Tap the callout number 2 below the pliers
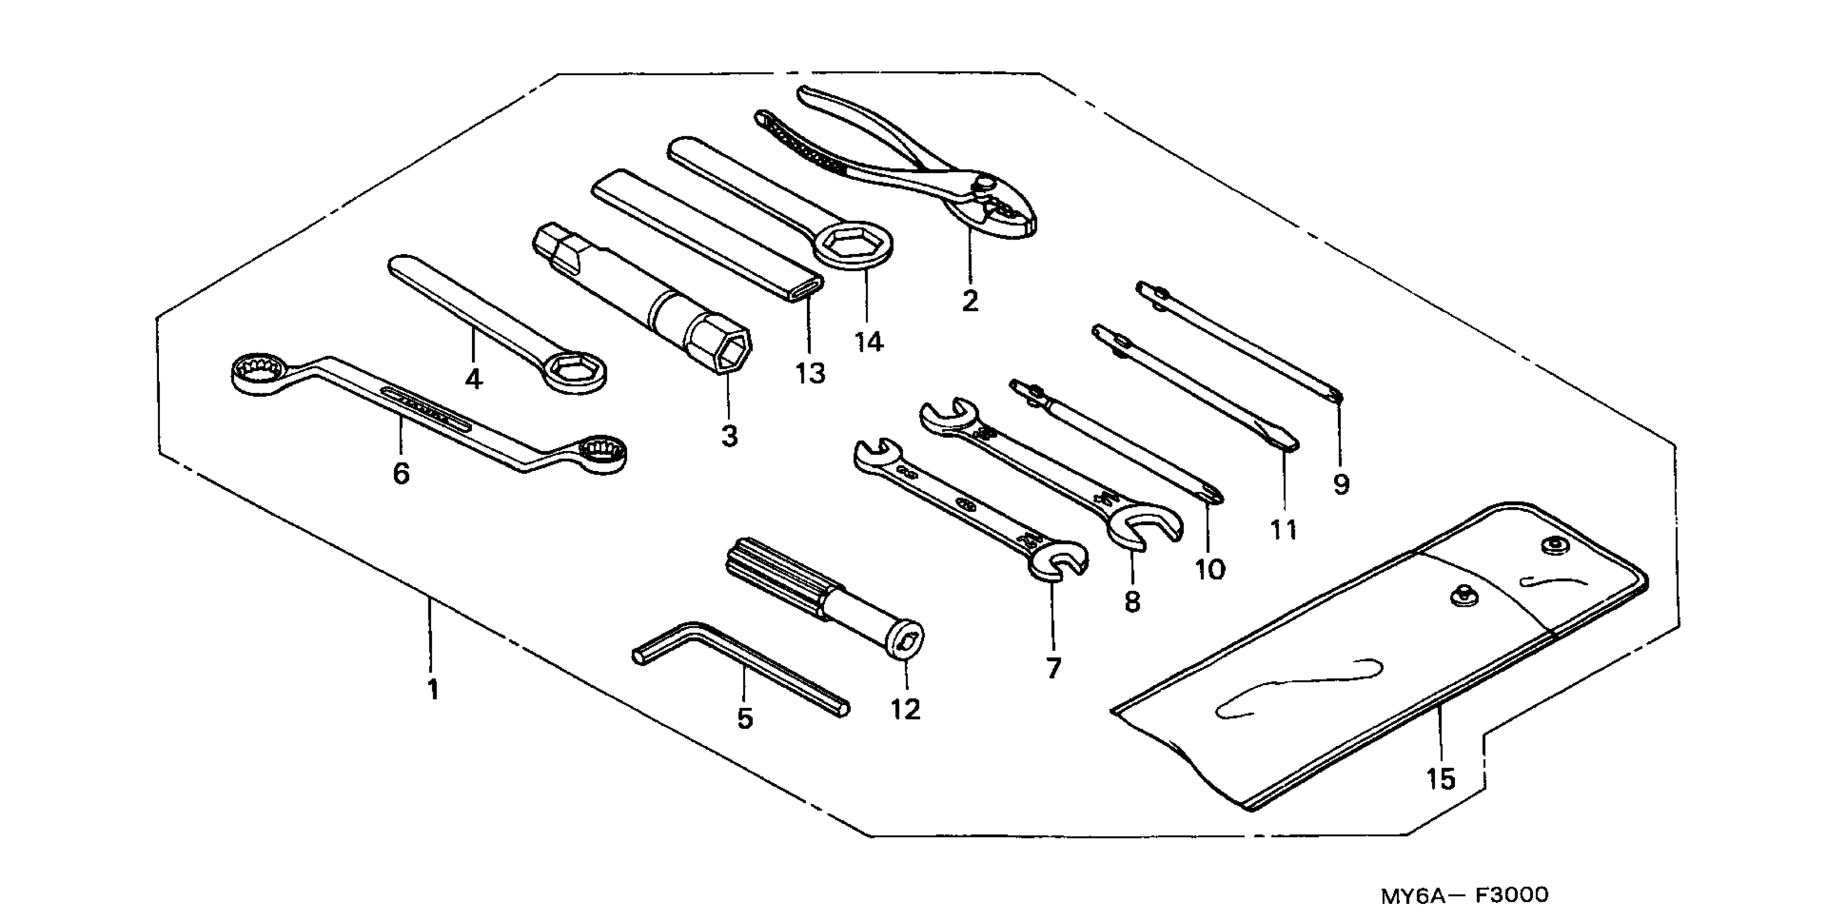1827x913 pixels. tap(970, 301)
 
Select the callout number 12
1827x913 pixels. tap(906, 709)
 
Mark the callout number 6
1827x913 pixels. tap(402, 473)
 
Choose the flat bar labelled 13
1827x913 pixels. tap(705, 234)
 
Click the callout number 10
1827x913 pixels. tap(1210, 569)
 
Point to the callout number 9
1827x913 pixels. tap(1341, 485)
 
